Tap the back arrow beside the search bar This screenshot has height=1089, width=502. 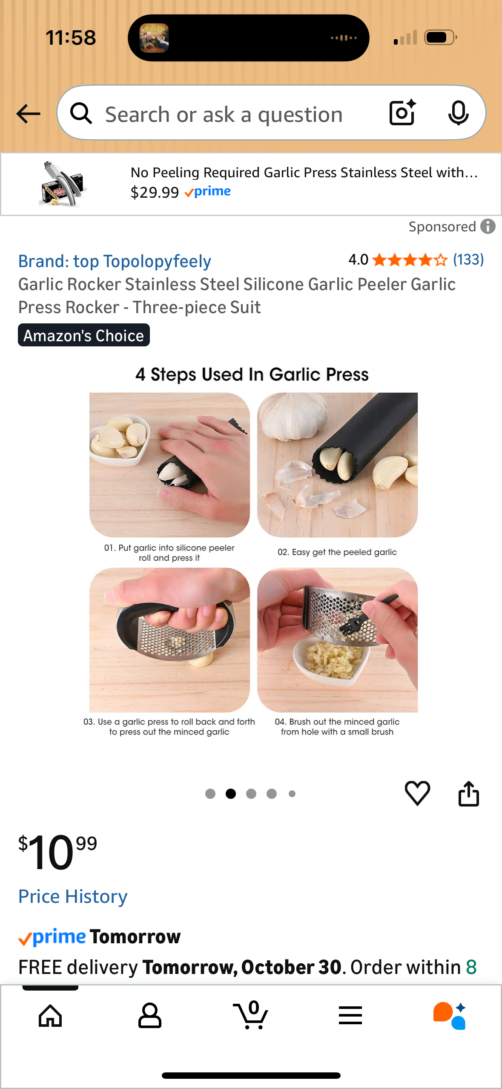(29, 114)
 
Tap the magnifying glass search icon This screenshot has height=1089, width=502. (81, 113)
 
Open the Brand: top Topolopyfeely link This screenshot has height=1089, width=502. (115, 261)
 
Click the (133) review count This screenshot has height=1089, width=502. (468, 259)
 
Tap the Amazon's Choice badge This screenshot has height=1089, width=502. (84, 335)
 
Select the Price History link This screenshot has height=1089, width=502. (73, 896)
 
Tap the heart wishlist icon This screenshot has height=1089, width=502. (417, 793)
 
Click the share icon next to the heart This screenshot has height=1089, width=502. (468, 793)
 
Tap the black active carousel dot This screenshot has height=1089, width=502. (231, 793)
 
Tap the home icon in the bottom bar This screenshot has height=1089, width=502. (50, 1016)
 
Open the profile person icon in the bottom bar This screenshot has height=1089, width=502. (149, 1016)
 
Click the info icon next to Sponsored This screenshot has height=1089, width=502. (488, 227)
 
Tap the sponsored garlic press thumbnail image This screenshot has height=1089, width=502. (63, 184)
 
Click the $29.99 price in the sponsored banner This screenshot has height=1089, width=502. (155, 193)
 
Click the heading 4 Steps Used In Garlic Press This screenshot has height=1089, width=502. (252, 375)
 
